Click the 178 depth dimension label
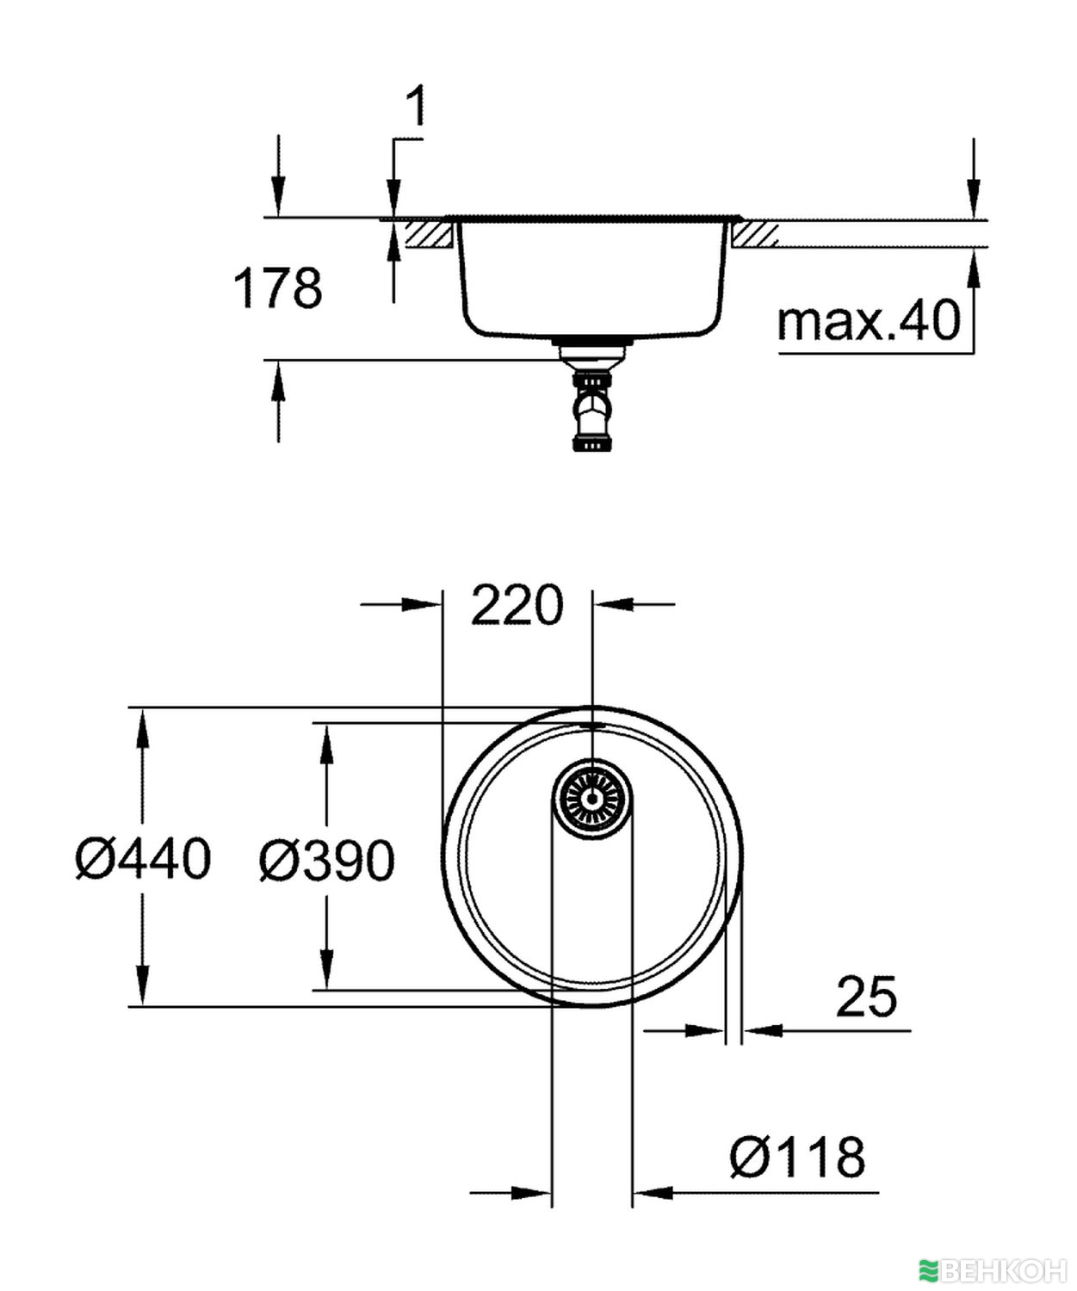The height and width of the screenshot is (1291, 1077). (x=277, y=288)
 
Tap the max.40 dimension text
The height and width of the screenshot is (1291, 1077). (x=868, y=322)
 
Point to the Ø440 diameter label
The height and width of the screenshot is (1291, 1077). (x=143, y=859)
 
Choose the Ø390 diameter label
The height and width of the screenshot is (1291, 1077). (x=327, y=860)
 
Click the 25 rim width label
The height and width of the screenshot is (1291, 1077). (x=866, y=996)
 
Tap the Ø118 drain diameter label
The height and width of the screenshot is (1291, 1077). (x=797, y=1157)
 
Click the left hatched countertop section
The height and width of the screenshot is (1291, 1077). (x=430, y=233)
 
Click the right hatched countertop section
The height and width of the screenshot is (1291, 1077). (x=755, y=233)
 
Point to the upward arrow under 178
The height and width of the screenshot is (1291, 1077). (x=277, y=383)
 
